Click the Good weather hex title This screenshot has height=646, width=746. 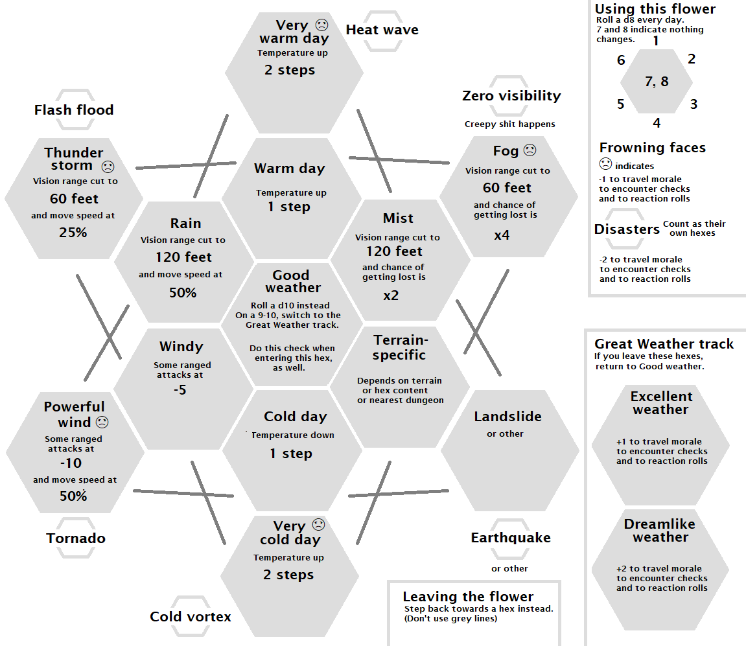tap(292, 281)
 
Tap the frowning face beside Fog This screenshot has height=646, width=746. tap(530, 150)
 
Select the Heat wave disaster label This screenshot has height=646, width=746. tap(382, 30)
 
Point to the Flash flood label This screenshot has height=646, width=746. tap(74, 110)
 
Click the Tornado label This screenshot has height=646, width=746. tap(76, 538)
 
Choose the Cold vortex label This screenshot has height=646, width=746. tap(191, 616)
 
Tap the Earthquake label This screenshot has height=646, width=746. tap(511, 538)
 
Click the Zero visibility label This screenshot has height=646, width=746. tap(511, 96)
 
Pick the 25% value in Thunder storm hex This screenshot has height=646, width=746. tap(73, 232)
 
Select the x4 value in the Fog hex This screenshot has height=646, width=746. tap(502, 235)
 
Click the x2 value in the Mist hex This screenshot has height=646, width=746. tap(391, 295)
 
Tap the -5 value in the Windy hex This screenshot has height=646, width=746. tap(180, 390)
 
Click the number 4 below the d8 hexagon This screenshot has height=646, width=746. tap(657, 123)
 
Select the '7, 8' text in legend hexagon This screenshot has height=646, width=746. tap(657, 82)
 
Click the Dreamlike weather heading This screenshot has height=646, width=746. tap(659, 531)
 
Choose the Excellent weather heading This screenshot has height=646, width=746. tap(661, 402)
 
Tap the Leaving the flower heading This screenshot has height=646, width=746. tap(468, 597)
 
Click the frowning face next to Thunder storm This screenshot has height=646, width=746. tap(108, 166)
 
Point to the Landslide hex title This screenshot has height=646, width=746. tap(507, 417)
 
